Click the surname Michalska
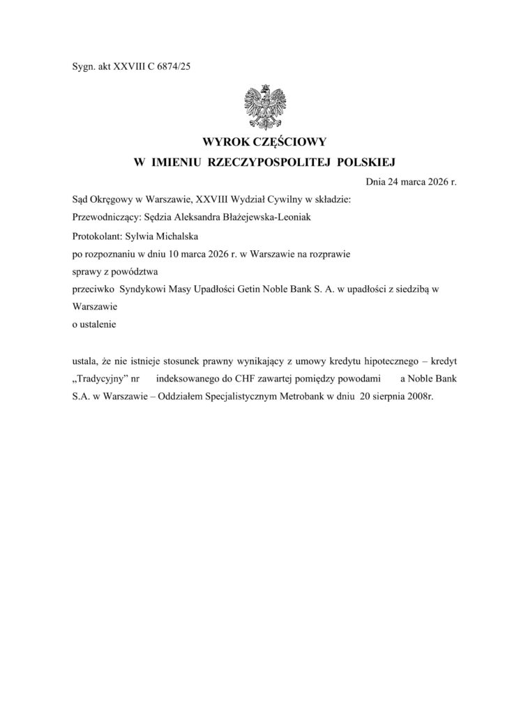pyautogui.click(x=176, y=236)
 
